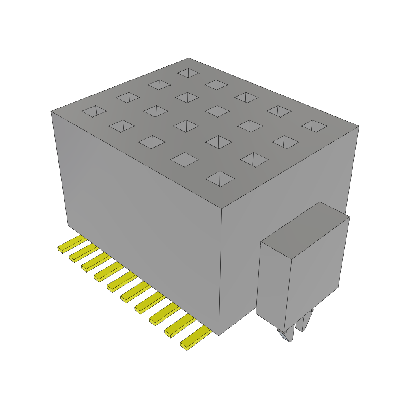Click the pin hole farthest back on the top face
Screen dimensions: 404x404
188,73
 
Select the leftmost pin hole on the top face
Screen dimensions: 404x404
94,111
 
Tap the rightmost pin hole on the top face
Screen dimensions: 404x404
314,126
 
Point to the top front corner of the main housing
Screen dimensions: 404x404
221,208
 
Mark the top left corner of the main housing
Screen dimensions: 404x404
51,112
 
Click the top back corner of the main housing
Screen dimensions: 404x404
189,58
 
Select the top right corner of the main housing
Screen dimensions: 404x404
359,126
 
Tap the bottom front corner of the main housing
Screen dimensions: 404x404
219,335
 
